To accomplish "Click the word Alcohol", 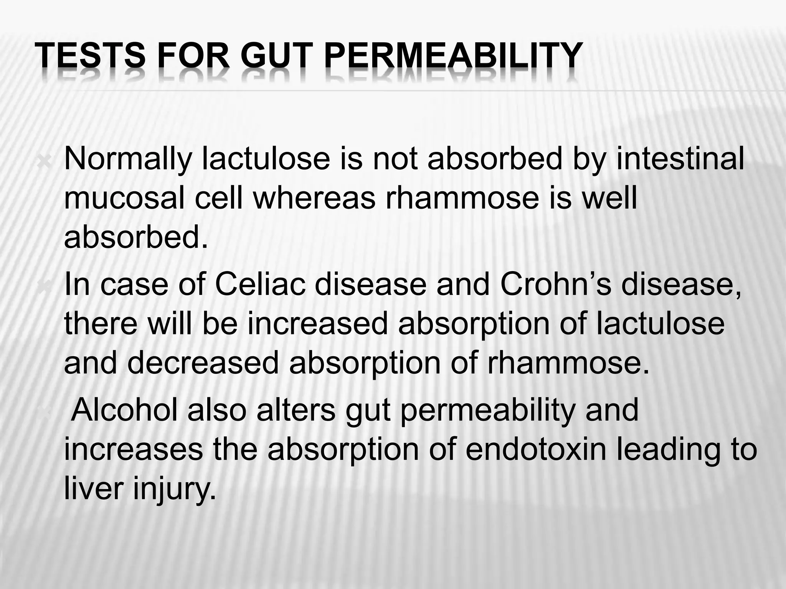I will click(125, 410).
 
